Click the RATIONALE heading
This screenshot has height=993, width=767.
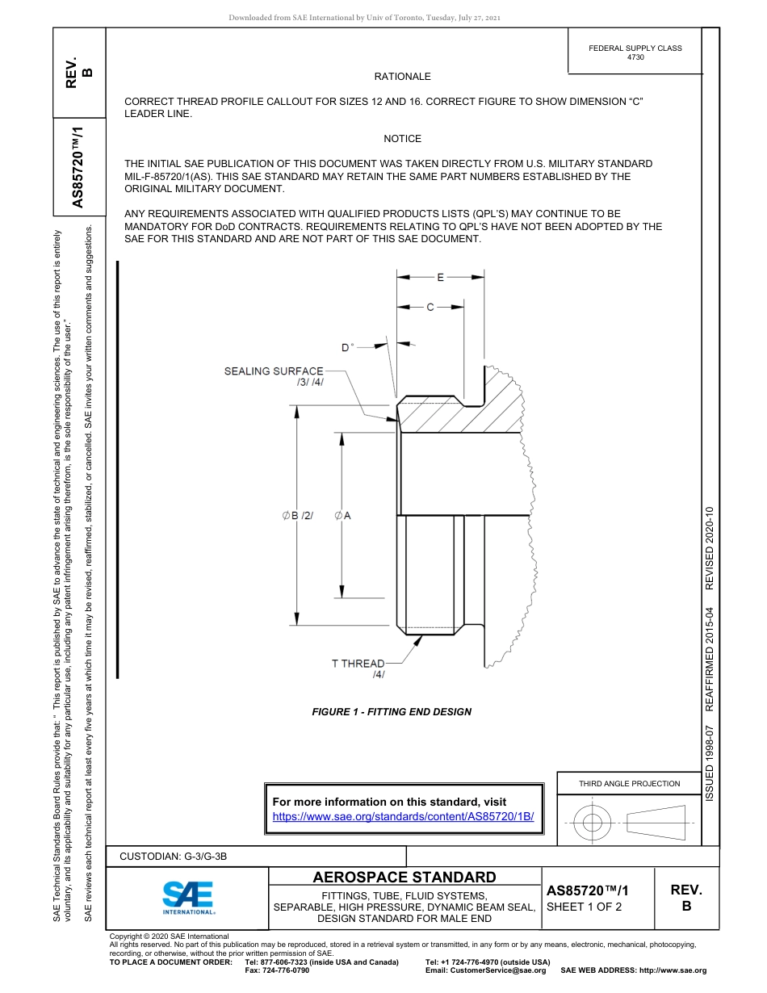(x=402, y=77)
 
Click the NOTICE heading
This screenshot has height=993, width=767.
(x=402, y=139)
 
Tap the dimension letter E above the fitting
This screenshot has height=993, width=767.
(x=440, y=278)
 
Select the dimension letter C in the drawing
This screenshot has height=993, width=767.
(x=430, y=308)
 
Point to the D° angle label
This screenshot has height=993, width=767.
(x=347, y=347)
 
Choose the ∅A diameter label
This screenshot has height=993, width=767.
(x=342, y=515)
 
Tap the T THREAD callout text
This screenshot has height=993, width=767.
(x=358, y=664)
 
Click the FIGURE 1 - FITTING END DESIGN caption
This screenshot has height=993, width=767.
(x=392, y=712)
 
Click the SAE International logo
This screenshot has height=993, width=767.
(x=188, y=897)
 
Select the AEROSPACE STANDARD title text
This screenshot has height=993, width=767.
(x=404, y=878)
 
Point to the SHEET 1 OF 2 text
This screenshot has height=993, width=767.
(x=584, y=907)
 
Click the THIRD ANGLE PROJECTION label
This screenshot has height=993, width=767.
(x=629, y=783)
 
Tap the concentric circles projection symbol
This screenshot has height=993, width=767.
(x=593, y=823)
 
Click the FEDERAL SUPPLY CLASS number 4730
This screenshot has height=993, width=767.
(x=635, y=58)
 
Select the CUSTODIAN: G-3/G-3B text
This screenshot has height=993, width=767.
(x=178, y=857)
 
